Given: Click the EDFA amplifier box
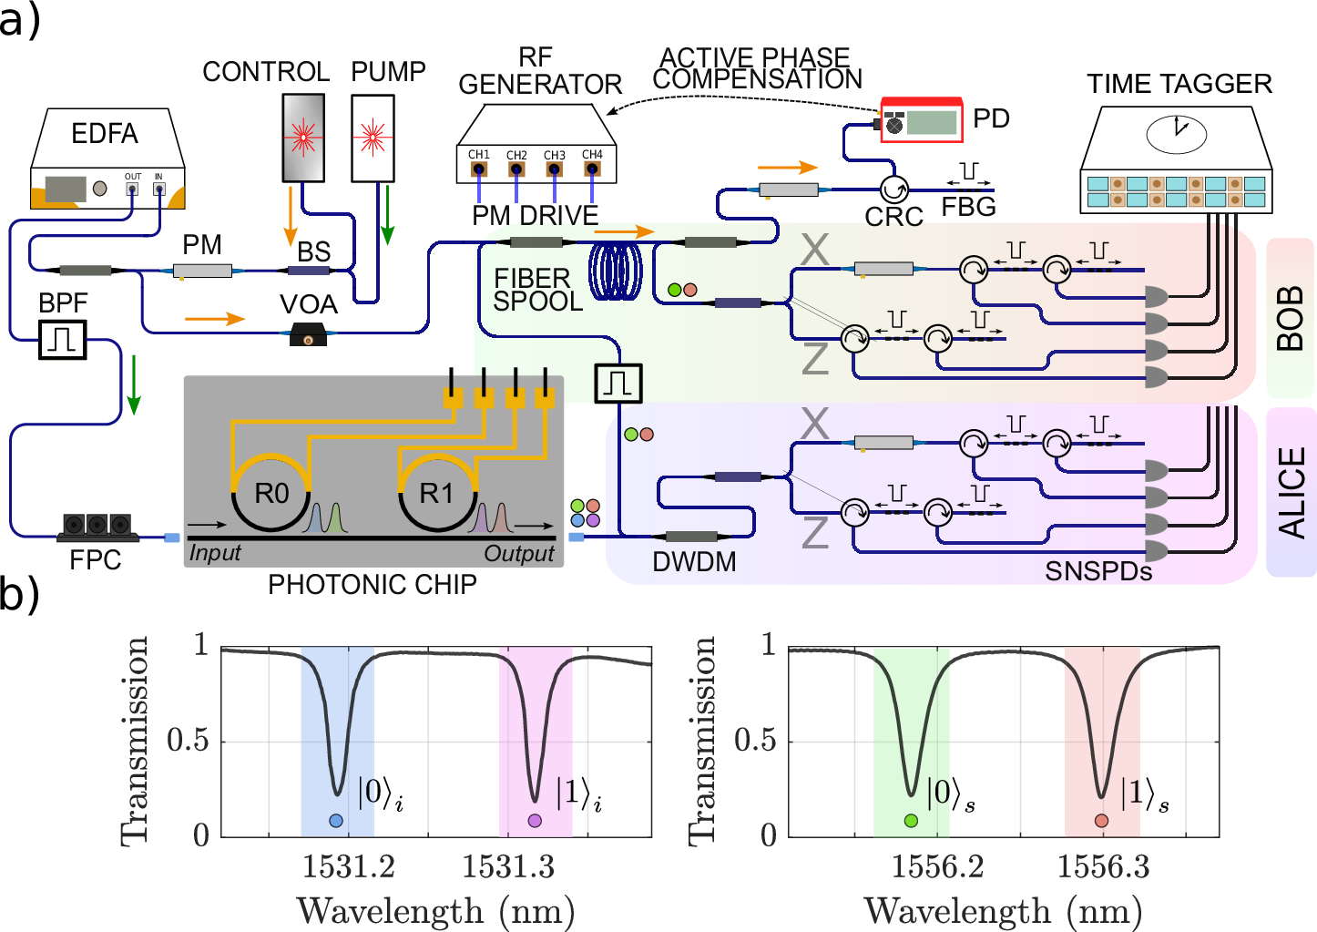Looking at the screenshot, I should coord(107,159).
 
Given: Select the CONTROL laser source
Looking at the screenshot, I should coord(302,137).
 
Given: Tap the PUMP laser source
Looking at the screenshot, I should coord(372,137).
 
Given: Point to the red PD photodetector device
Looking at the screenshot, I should coord(922,120).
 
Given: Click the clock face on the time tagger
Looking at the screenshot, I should coord(1176,133).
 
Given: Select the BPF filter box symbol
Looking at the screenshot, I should coord(62,340).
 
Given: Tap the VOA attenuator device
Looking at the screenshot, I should coord(308,337).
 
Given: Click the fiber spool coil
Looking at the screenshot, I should coord(617,270).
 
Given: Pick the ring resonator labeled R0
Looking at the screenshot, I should coord(271,493).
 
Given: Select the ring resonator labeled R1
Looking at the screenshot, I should coord(436,493).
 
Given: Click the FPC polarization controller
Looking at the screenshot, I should coord(97,527).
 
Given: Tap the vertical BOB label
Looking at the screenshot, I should coord(1290,318).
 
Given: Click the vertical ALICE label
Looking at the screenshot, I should coord(1291,492).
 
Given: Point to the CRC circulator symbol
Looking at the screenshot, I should coord(893,189).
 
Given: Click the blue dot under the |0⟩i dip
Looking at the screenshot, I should coord(336,821).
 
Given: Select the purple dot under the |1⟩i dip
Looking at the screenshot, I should coord(535,821).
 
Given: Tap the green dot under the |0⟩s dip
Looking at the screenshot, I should coord(911,821).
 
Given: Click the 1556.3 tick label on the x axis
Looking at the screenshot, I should coord(1103,866).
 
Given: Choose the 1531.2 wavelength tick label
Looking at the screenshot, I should coord(348,866).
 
